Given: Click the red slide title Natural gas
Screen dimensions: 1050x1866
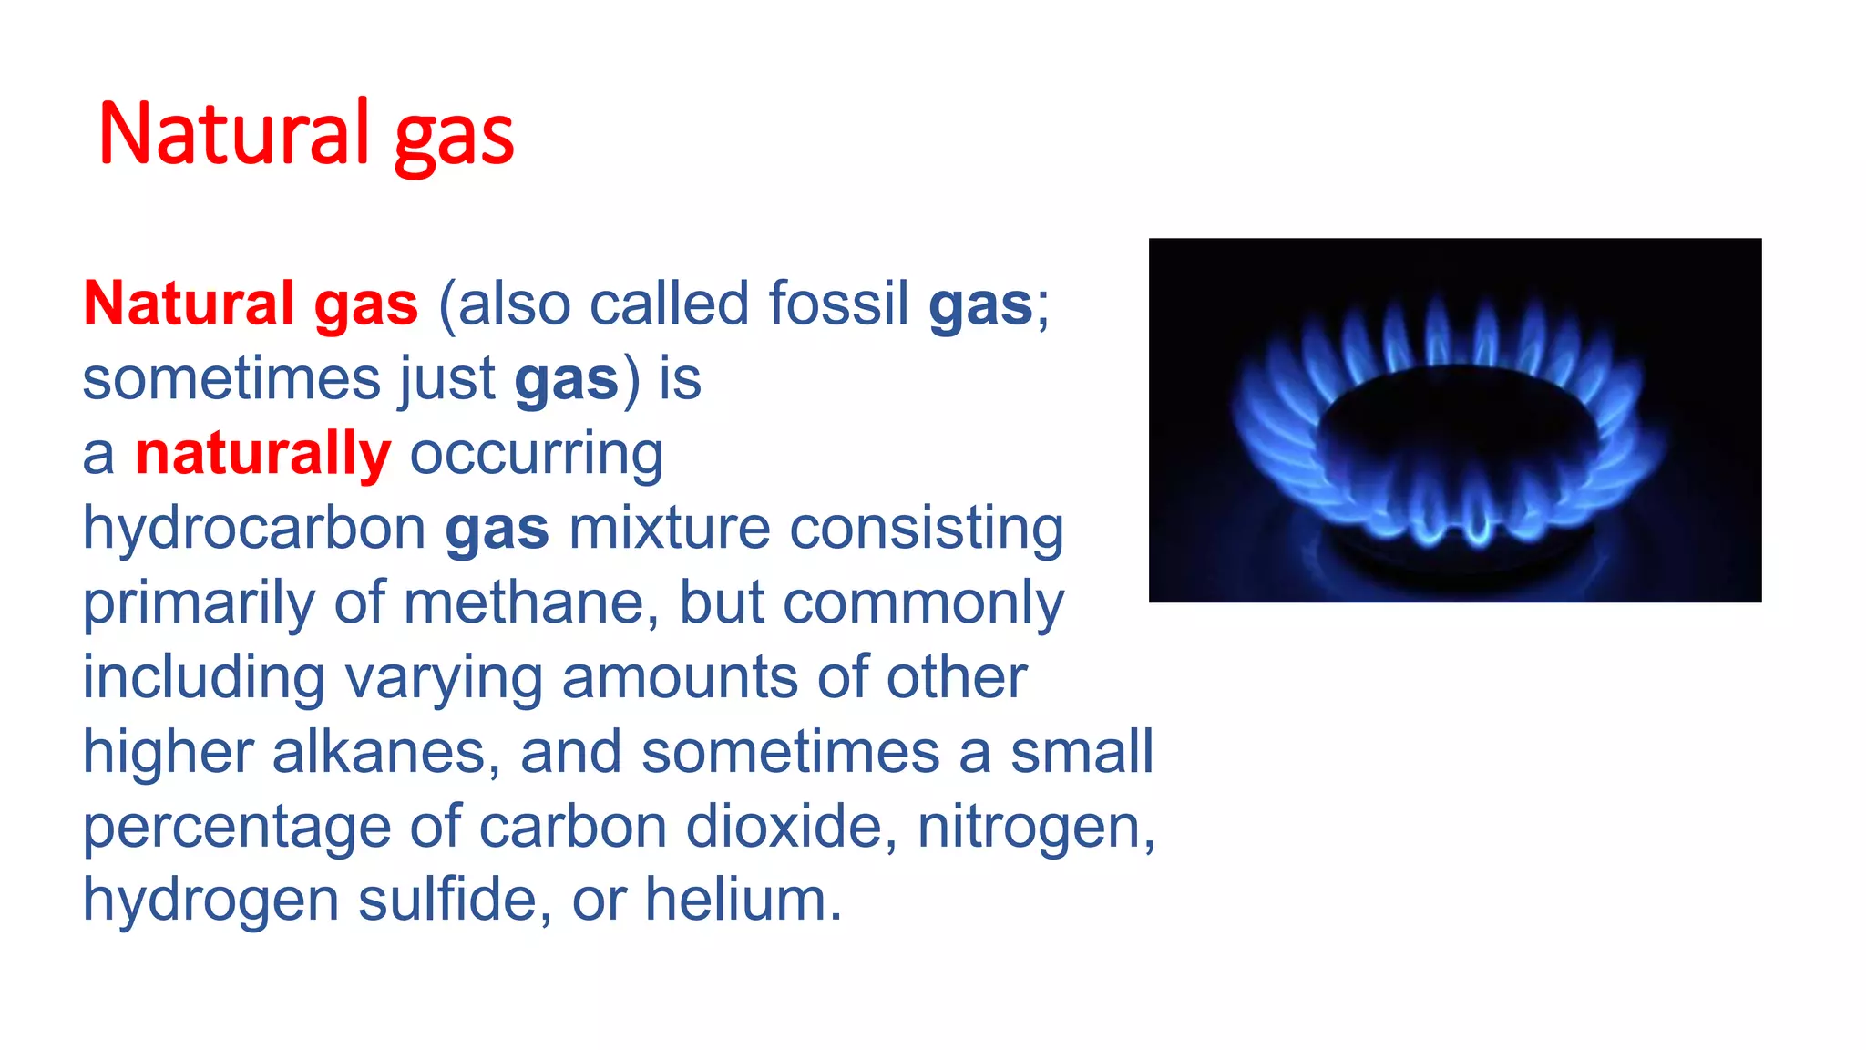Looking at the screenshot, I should (x=306, y=135).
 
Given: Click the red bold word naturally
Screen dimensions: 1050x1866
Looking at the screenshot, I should (x=263, y=454).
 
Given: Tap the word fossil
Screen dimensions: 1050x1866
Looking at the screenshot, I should (x=838, y=304).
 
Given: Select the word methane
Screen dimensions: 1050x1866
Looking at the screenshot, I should (x=524, y=602).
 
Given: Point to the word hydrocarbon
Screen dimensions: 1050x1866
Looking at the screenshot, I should (x=254, y=529).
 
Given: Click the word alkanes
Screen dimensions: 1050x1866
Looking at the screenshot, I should (x=385, y=753).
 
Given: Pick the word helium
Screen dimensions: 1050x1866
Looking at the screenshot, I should (x=743, y=900).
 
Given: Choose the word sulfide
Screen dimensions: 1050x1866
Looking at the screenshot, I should (x=454, y=900).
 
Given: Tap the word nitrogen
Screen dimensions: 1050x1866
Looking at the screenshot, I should (x=1035, y=828).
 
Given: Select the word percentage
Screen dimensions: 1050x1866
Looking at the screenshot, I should (x=236, y=828).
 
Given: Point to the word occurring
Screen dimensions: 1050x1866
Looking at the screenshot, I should (x=537, y=454).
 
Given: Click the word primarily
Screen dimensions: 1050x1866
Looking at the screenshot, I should (x=198, y=603).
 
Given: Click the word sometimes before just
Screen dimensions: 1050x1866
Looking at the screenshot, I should (x=231, y=379).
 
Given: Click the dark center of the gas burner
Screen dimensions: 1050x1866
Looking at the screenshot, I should (x=1455, y=428).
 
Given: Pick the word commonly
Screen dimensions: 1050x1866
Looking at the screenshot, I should (x=923, y=603).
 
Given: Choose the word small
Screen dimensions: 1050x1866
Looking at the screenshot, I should (x=1082, y=753).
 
